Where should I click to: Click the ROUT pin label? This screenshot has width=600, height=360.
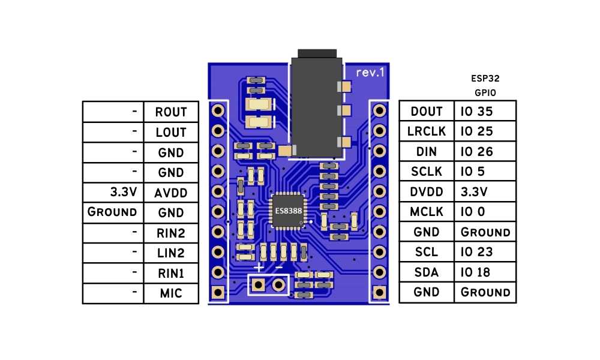tap(171, 112)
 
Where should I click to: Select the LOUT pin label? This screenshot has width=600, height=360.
tap(171, 132)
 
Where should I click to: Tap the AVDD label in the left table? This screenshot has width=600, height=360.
tap(171, 193)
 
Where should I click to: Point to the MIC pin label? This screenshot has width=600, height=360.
tap(171, 293)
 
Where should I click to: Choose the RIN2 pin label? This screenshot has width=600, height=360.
tap(171, 233)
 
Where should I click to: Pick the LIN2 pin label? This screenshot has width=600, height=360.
tap(171, 253)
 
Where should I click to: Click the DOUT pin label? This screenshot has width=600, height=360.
tap(427, 112)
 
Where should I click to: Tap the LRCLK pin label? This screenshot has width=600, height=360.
tap(427, 131)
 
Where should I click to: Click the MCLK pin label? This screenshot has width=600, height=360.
tap(427, 212)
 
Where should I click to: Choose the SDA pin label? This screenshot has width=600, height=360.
tap(427, 272)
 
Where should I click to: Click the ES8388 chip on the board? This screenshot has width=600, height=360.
tap(288, 211)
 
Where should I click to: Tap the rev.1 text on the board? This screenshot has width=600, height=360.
tap(370, 73)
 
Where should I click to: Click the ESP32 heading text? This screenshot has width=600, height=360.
tap(485, 79)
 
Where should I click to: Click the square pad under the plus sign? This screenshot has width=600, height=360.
tap(259, 284)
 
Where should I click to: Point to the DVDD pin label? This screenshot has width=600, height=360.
tap(427, 192)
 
